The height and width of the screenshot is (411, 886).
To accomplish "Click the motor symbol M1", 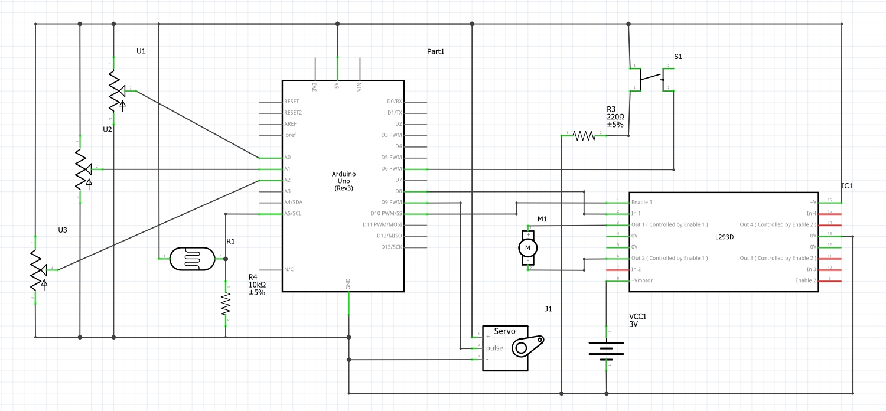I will coord(527,247).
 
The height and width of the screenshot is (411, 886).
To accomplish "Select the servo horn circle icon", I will coord(520,348).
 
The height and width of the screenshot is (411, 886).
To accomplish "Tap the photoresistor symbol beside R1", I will coord(192,258).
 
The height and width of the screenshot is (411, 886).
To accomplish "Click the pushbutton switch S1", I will coord(652,79).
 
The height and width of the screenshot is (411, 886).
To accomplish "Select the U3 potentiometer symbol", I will coord(37,270).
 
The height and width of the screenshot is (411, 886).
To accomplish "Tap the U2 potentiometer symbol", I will coord(80,169).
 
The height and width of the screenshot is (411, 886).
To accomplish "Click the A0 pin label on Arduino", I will coord(288,158).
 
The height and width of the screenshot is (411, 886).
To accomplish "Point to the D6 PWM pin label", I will coord(392,169).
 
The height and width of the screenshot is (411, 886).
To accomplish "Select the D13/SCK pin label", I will coord(391,247).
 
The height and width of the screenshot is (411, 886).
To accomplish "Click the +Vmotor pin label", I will coord(642,280).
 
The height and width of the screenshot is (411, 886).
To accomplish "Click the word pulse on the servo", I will coord(494,348).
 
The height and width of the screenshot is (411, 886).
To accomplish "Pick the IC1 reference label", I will coord(847,186).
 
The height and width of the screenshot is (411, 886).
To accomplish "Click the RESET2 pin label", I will coord(293,113).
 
